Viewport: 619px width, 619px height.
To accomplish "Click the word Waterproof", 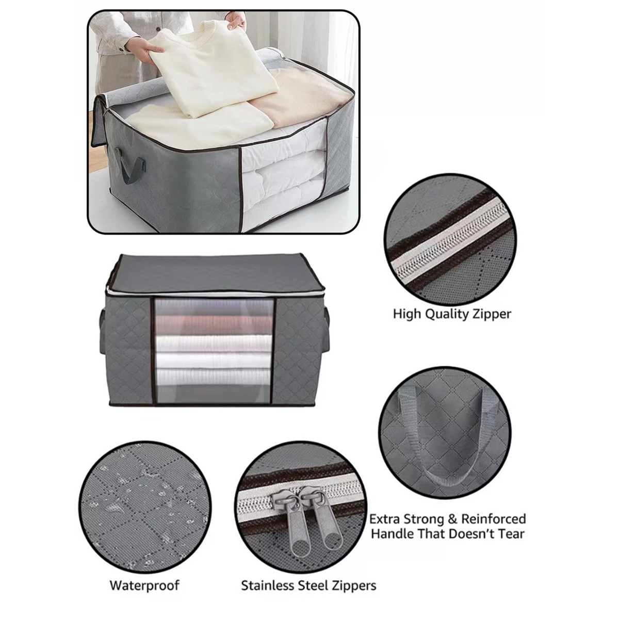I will coord(144,585).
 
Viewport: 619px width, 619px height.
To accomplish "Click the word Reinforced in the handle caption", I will coord(493,519).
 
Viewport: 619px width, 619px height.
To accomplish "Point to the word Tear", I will coord(510,533).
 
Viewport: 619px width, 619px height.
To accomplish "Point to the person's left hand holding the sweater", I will coord(155,47).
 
